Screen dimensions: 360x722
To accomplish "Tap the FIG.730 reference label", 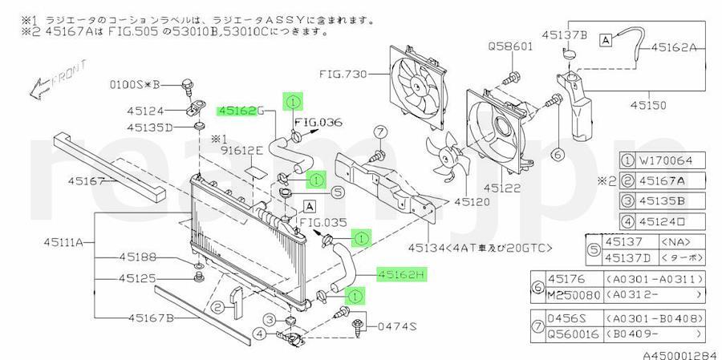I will pyautogui.click(x=343, y=75).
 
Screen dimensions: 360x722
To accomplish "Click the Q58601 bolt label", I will pyautogui.click(x=510, y=47).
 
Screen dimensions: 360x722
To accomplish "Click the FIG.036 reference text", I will pyautogui.click(x=318, y=123).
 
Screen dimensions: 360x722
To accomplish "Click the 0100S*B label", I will pyautogui.click(x=135, y=83).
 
